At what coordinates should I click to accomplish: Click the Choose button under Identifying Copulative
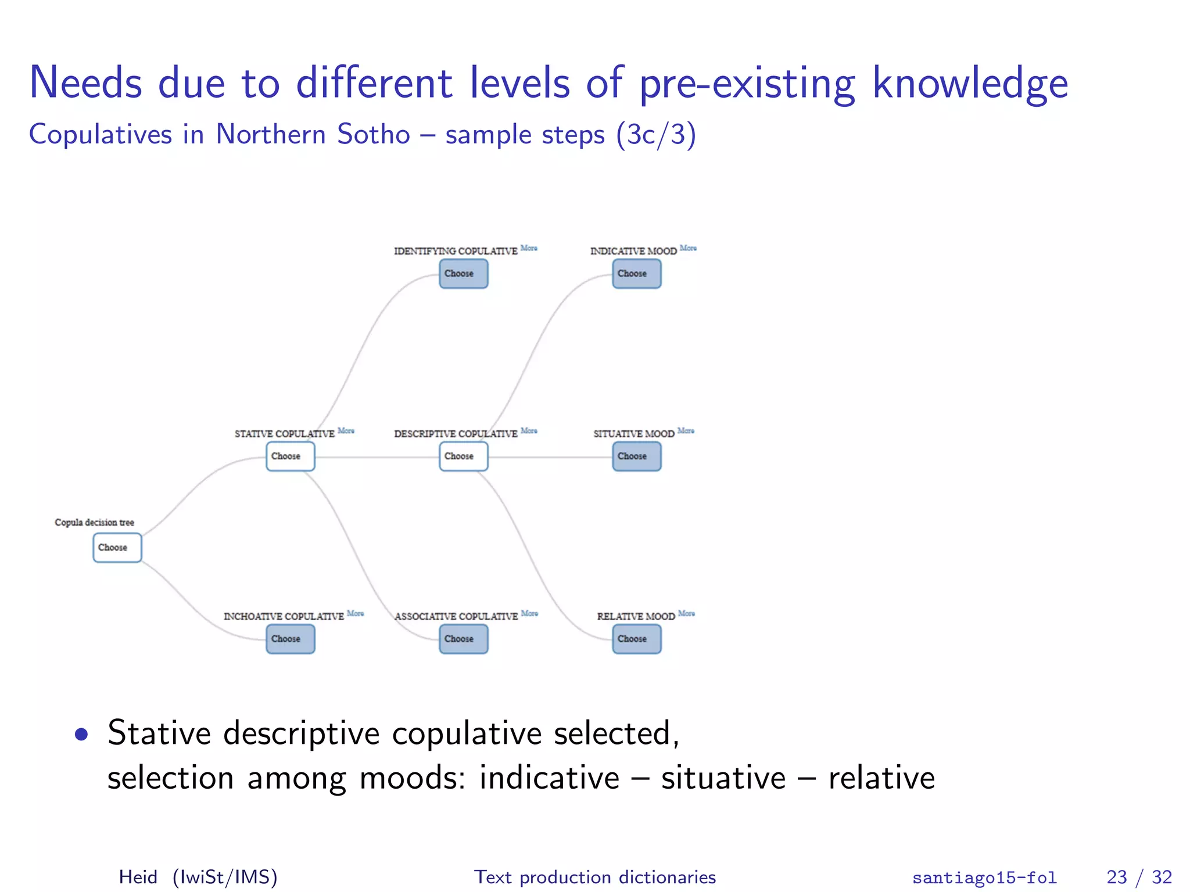pos(463,274)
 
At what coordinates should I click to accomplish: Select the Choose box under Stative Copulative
pos(290,456)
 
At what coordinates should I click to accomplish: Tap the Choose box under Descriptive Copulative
pos(463,456)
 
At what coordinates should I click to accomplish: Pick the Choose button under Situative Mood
pos(636,456)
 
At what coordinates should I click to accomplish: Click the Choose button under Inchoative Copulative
pos(290,639)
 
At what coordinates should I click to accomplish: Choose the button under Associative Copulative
pos(463,639)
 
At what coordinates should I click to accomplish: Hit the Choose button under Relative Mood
pos(636,639)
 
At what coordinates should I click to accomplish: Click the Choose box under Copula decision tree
pos(117,548)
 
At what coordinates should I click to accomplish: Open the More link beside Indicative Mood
pos(688,248)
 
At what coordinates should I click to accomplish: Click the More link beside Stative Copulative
pos(346,431)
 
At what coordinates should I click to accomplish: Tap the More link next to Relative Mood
pos(686,613)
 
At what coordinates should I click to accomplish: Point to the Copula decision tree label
pos(94,523)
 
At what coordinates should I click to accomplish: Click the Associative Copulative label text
pos(456,616)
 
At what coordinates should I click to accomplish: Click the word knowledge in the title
pos(970,83)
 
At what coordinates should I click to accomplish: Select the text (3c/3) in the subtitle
pos(656,134)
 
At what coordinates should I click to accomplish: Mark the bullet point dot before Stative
pos(81,735)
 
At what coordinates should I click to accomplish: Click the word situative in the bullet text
pos(723,778)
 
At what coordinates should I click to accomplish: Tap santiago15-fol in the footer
pos(984,877)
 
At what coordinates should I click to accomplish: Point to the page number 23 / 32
pos(1139,877)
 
